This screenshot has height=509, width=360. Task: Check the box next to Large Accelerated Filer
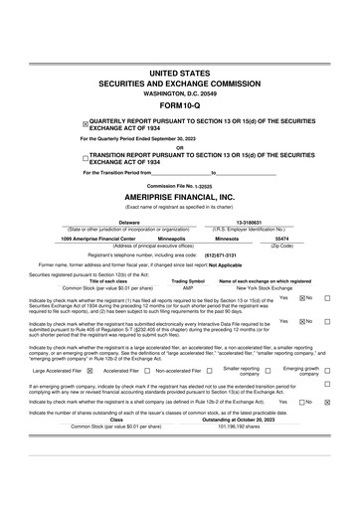[90, 371]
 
